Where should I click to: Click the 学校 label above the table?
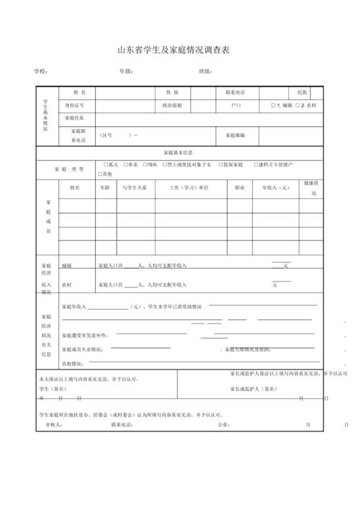coord(41,72)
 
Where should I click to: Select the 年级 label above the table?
coord(126,72)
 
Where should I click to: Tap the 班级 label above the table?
coord(205,72)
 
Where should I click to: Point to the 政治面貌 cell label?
coord(172,105)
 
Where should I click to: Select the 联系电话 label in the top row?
coord(235,93)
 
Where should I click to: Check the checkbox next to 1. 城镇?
coord(274,105)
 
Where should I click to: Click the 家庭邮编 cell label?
coord(235,135)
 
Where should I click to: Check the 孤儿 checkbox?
coord(106,165)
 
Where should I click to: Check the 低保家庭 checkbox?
coord(219,165)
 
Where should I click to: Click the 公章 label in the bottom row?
coord(223,424)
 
